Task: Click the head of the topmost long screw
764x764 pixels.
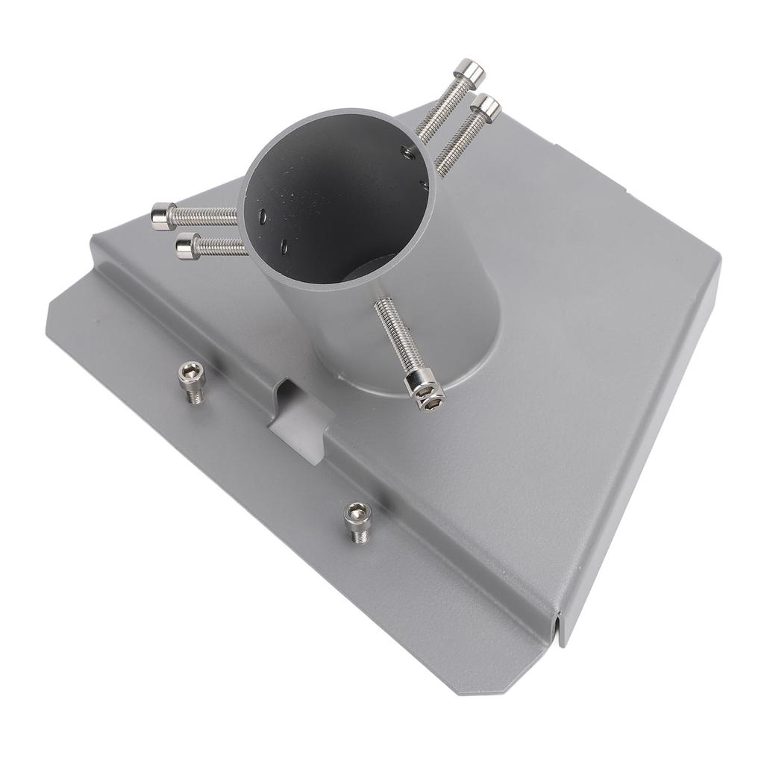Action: pyautogui.click(x=470, y=73)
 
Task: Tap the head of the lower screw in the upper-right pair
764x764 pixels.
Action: pyautogui.click(x=486, y=108)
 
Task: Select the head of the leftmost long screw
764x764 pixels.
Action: pyautogui.click(x=163, y=216)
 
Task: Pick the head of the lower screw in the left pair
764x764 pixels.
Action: pyautogui.click(x=187, y=246)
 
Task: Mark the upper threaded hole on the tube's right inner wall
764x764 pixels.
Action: pyautogui.click(x=407, y=154)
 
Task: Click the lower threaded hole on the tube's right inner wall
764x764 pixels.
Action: pyautogui.click(x=423, y=184)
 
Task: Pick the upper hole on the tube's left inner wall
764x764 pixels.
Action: pyautogui.click(x=263, y=216)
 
